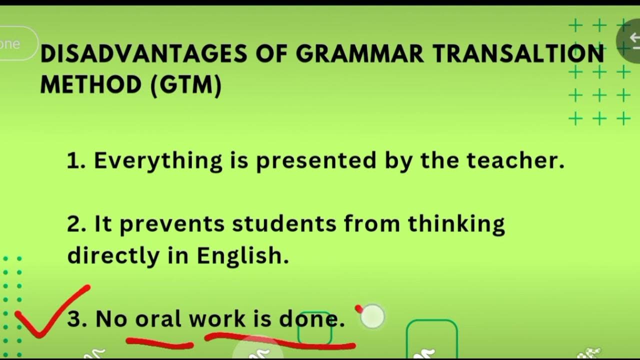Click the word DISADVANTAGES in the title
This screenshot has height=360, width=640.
(143, 53)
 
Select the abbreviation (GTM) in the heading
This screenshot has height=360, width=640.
(185, 85)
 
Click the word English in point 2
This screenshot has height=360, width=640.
(242, 256)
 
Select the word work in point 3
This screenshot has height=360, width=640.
(217, 318)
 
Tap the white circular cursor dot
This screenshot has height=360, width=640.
(372, 316)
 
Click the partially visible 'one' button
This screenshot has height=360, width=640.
(15, 43)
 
